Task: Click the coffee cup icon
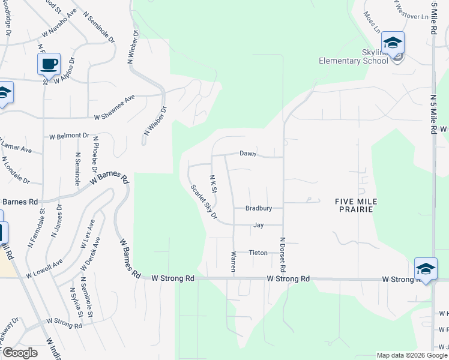click(x=49, y=63)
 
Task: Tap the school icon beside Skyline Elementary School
click(x=393, y=43)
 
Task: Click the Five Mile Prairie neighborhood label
click(x=354, y=205)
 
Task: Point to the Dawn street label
click(x=248, y=154)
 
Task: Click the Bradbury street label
click(x=259, y=208)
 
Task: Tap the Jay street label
click(x=259, y=225)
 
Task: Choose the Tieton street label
click(x=258, y=253)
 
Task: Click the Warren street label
click(x=233, y=262)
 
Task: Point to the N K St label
click(x=213, y=184)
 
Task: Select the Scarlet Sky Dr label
click(x=203, y=202)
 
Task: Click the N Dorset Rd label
click(x=282, y=255)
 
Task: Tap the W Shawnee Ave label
click(x=115, y=107)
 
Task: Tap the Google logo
click(x=19, y=353)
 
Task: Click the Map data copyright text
click(x=411, y=355)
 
